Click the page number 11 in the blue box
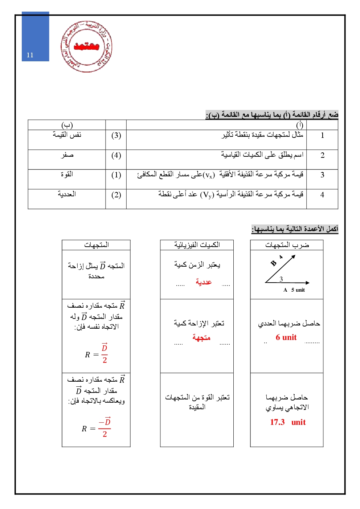[30, 55]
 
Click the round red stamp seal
[86, 47]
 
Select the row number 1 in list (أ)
[322, 136]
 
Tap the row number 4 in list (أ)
[322, 195]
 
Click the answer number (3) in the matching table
[116, 136]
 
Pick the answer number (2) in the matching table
[116, 195]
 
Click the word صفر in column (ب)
[67, 155]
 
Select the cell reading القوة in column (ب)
[67, 175]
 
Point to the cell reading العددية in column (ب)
[67, 194]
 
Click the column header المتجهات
[97, 245]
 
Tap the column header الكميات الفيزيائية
[197, 245]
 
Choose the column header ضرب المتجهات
[287, 245]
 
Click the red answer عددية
[204, 282]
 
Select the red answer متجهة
[201, 338]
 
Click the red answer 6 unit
[286, 337]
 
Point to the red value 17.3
[277, 422]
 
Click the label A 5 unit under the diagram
[294, 290]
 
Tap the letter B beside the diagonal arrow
[274, 263]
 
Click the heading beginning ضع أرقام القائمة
[272, 115]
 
